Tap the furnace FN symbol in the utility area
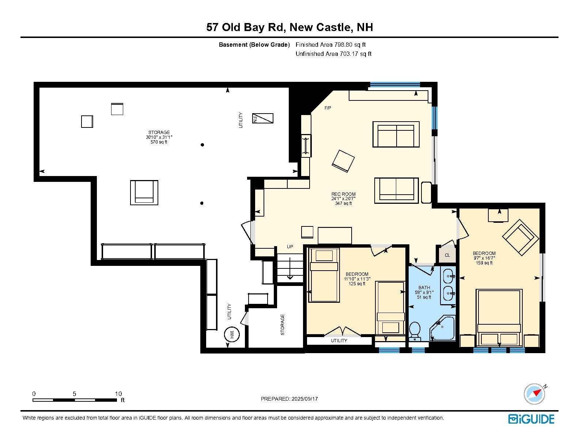click(262, 118)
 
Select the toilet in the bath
click(415, 330)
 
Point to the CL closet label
click(447, 255)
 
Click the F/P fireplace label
click(328, 108)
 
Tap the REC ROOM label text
click(343, 194)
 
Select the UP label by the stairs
click(290, 247)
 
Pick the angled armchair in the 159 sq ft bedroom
click(520, 237)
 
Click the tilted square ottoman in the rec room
click(343, 161)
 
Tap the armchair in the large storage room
click(144, 192)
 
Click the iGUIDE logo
click(531, 419)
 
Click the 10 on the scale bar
click(118, 394)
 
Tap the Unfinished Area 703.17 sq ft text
click(333, 54)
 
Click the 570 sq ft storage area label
click(159, 142)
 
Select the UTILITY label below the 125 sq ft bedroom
click(339, 341)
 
